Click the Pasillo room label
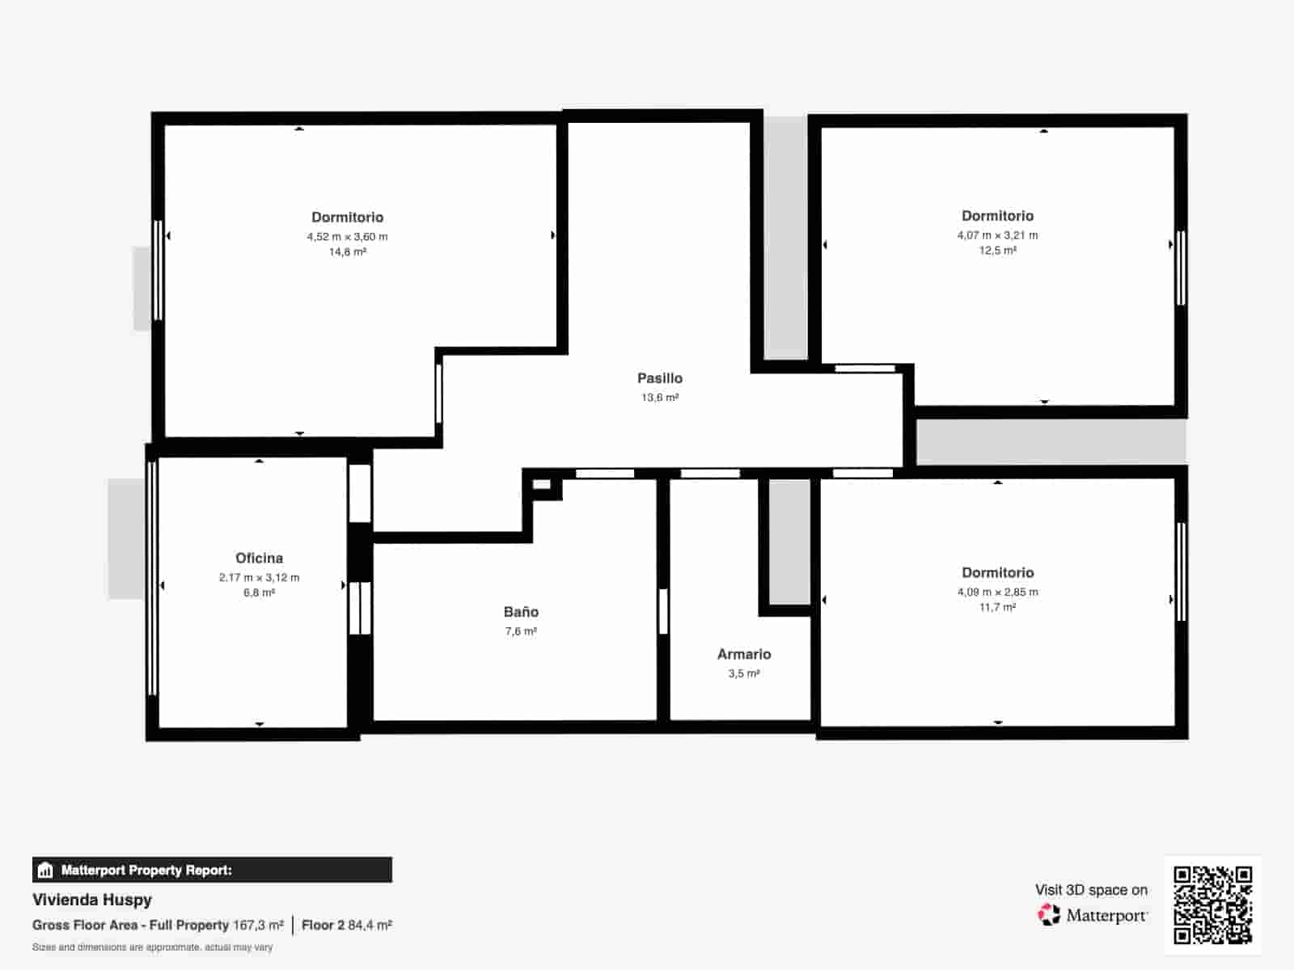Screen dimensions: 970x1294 pos(659,378)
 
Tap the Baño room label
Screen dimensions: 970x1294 pos(521,612)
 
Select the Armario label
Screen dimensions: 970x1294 pos(744,654)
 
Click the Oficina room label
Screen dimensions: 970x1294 pos(259,558)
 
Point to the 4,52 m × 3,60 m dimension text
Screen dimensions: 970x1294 pos(347,237)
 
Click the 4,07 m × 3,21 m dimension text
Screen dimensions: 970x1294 pos(997,235)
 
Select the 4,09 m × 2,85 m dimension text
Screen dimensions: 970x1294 pos(997,592)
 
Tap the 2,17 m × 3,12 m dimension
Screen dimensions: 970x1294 pos(259,577)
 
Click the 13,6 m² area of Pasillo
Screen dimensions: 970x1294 pos(659,398)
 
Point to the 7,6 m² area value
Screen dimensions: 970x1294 pos(521,631)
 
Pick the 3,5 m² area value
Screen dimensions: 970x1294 pos(744,673)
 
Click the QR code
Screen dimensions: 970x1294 pos(1212,905)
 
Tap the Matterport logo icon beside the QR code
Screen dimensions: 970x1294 pos(1049,915)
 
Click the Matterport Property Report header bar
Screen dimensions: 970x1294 pos(212,870)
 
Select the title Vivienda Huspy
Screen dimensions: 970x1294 pos(92,900)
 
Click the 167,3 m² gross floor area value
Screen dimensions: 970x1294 pos(258,925)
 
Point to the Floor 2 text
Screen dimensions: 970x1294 pos(323,925)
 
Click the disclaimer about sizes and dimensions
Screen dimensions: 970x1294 pos(152,947)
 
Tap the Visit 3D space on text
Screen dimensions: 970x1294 pos(1091,890)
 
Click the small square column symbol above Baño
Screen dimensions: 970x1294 pos(541,485)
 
